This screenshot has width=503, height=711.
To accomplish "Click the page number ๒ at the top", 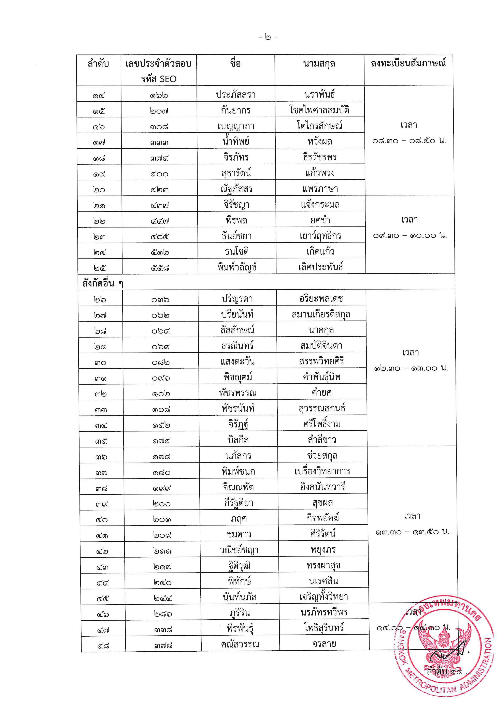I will click(x=268, y=38).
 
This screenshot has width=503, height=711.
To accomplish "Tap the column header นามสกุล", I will click(x=319, y=64).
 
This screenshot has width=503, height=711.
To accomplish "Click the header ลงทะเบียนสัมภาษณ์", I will click(x=408, y=63).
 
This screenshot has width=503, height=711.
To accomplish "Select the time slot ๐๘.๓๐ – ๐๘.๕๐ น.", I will click(x=409, y=141).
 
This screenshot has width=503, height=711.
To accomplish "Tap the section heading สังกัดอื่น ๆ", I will click(x=102, y=283).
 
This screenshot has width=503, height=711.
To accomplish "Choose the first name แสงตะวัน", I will click(x=237, y=362).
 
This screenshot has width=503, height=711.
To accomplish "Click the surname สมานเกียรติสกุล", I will click(x=321, y=315).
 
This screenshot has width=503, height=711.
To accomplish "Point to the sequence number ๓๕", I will click(x=101, y=441).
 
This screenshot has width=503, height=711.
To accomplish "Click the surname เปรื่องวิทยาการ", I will click(x=322, y=471).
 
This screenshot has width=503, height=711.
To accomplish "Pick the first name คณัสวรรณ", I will click(x=240, y=645).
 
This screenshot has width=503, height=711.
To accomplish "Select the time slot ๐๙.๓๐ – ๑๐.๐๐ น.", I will click(x=410, y=236).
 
